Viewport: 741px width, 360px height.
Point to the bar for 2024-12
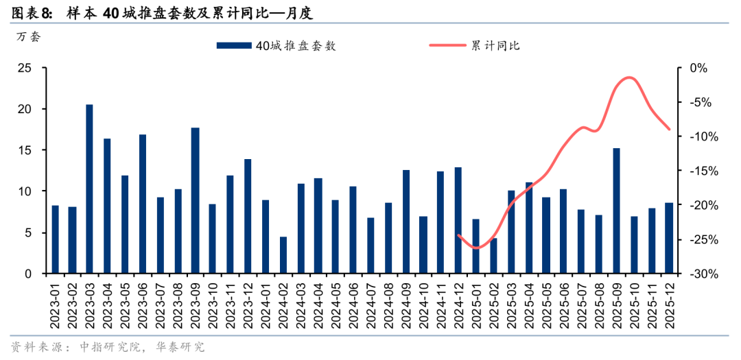[458, 220]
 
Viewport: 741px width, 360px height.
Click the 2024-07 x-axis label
[370, 301]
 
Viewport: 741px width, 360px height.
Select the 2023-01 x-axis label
[55, 301]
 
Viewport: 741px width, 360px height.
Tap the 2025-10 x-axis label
[634, 301]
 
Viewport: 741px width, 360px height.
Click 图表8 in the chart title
[31, 12]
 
